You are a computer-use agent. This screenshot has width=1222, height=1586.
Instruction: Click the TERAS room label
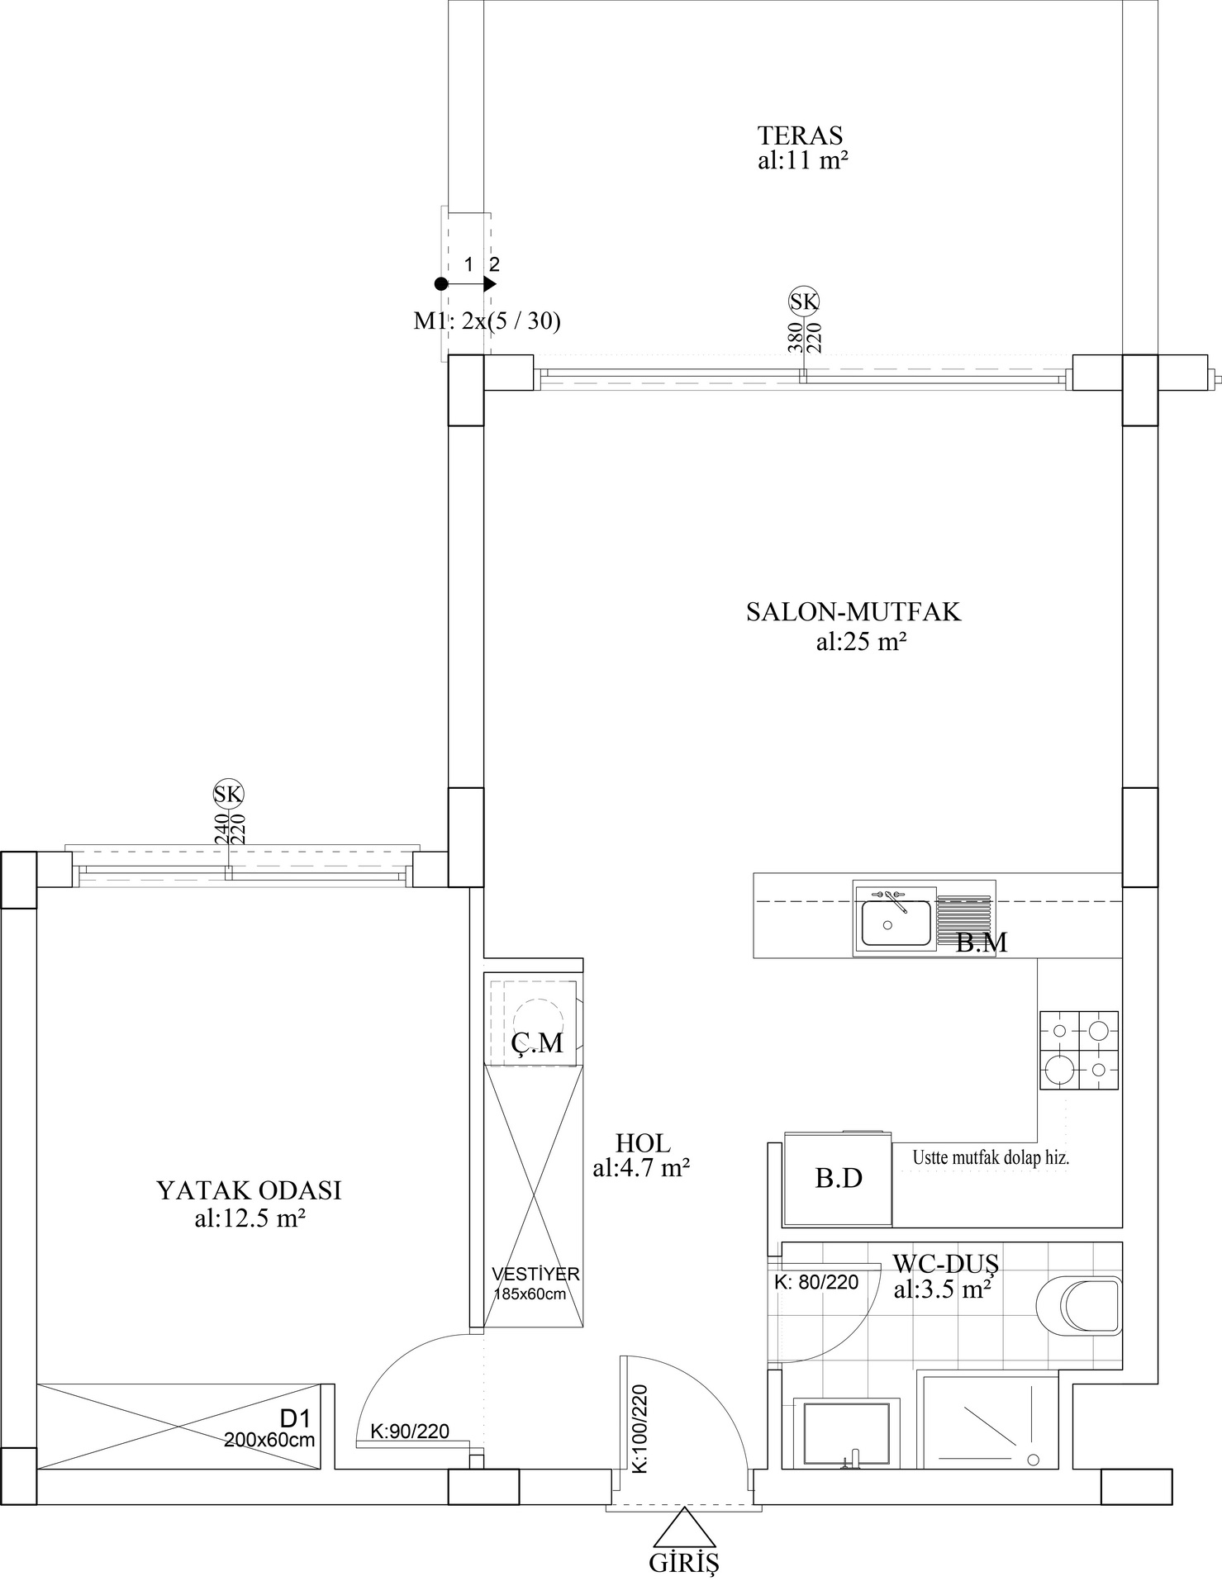pyautogui.click(x=801, y=135)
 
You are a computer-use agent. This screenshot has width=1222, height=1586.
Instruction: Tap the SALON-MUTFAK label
pyautogui.click(x=853, y=612)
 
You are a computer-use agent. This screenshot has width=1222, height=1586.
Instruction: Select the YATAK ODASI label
pyautogui.click(x=249, y=1190)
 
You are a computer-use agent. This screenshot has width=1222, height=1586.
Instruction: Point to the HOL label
pyautogui.click(x=643, y=1143)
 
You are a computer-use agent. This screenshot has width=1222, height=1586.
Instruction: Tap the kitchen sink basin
pyautogui.click(x=896, y=923)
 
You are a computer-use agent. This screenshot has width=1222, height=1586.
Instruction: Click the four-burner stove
pyautogui.click(x=1079, y=1050)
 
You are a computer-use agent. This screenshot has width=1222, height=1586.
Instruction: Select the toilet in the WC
pyautogui.click(x=1082, y=1306)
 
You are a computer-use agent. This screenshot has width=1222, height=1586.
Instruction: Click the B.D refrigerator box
pyautogui.click(x=838, y=1179)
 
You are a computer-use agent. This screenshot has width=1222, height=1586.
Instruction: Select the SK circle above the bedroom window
pyautogui.click(x=229, y=794)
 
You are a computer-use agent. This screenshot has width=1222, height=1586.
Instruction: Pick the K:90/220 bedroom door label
pyautogui.click(x=410, y=1432)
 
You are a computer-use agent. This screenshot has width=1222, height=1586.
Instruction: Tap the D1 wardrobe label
pyautogui.click(x=294, y=1419)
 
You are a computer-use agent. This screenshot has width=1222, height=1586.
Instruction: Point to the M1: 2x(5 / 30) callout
pyautogui.click(x=487, y=321)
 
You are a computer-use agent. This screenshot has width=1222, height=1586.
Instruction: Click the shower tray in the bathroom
pyautogui.click(x=991, y=1422)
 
